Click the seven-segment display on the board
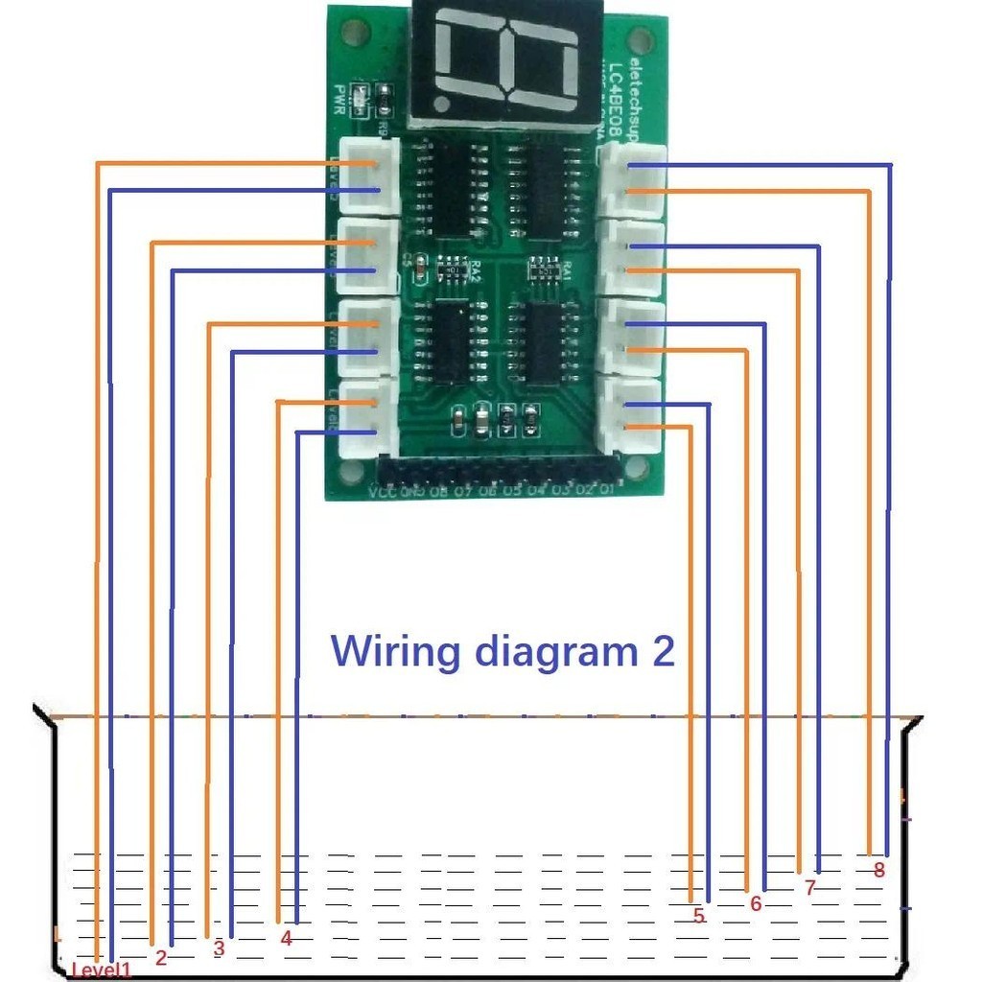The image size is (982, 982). point(505,63)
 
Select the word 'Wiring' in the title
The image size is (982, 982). point(399,651)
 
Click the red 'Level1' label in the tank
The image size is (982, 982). point(101,970)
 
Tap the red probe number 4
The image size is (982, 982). point(286,939)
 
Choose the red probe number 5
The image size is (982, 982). point(699,916)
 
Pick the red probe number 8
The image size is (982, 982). point(878,871)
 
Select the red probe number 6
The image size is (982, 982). point(756,903)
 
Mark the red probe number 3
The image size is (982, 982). point(219,947)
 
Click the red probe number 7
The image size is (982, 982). point(809,888)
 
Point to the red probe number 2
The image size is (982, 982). point(161,957)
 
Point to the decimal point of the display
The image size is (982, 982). point(442,102)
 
